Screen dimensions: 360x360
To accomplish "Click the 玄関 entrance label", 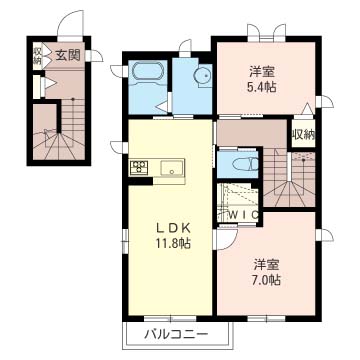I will click(x=67, y=55).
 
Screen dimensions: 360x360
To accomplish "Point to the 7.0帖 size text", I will click(x=265, y=282).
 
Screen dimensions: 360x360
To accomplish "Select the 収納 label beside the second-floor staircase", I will click(x=301, y=134).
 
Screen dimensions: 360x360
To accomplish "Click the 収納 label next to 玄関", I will click(x=37, y=54).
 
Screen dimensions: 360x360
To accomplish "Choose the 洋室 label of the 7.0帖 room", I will click(x=265, y=264).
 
